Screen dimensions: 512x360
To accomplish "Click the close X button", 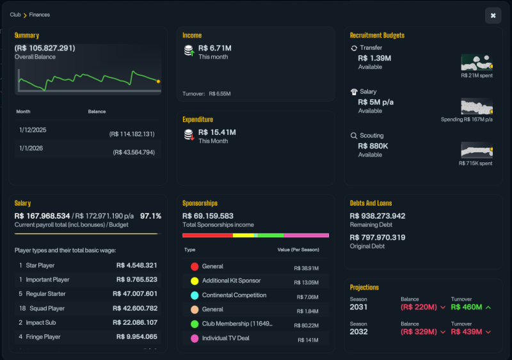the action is [493, 15].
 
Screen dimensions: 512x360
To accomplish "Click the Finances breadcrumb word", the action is [40, 15].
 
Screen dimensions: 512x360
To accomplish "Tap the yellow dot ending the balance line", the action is [158, 81].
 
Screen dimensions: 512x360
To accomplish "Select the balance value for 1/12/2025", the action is [132, 134].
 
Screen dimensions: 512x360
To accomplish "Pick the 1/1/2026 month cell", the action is [31, 148].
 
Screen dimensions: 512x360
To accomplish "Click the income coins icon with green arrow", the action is [189, 51].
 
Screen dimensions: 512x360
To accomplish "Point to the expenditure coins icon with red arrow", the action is [189, 135].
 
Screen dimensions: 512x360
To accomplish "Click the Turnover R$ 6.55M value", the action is [220, 93].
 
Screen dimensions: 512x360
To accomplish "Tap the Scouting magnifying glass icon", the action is [354, 136].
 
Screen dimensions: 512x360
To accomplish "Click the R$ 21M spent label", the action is [477, 75].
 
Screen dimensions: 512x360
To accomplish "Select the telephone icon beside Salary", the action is [354, 91].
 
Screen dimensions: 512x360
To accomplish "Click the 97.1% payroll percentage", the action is [150, 216].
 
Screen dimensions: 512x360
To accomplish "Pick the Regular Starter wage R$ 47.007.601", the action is [135, 293].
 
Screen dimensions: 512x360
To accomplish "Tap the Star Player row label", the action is [40, 265].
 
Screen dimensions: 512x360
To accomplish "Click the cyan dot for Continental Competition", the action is [195, 295].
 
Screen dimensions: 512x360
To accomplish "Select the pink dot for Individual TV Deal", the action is [195, 338].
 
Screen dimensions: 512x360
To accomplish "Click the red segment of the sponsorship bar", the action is [207, 235].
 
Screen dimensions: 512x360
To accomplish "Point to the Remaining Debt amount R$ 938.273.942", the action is [378, 216].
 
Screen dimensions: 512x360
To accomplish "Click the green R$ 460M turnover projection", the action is [467, 307].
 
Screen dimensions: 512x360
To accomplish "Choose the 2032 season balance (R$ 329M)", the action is [419, 332].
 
